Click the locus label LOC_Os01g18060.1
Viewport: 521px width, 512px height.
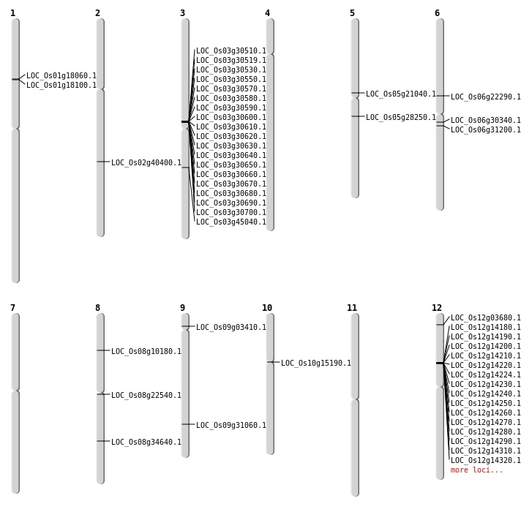61,75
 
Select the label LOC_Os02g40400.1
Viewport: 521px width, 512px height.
146,162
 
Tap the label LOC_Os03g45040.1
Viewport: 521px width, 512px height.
231,222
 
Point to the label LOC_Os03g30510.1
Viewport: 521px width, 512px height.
231,50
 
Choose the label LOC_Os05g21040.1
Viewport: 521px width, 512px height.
401,94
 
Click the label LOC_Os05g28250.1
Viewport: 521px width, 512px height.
401,117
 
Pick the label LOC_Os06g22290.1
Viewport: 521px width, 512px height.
486,97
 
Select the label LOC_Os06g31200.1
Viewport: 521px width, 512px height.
486,129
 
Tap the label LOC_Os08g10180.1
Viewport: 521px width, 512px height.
146,351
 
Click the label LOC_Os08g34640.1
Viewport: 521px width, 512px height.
146,442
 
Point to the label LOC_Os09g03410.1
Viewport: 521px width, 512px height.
231,327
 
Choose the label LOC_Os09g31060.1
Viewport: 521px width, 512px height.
231,425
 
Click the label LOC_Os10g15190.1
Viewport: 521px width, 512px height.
316,363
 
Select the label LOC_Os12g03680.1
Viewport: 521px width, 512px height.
486,317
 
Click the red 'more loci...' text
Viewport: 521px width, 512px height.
476,470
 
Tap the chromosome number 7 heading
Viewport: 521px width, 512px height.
12,308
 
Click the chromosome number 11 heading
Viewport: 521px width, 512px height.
352,308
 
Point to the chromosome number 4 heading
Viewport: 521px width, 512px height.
267,13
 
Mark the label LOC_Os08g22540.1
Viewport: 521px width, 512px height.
146,395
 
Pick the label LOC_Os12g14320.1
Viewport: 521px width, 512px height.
486,460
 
